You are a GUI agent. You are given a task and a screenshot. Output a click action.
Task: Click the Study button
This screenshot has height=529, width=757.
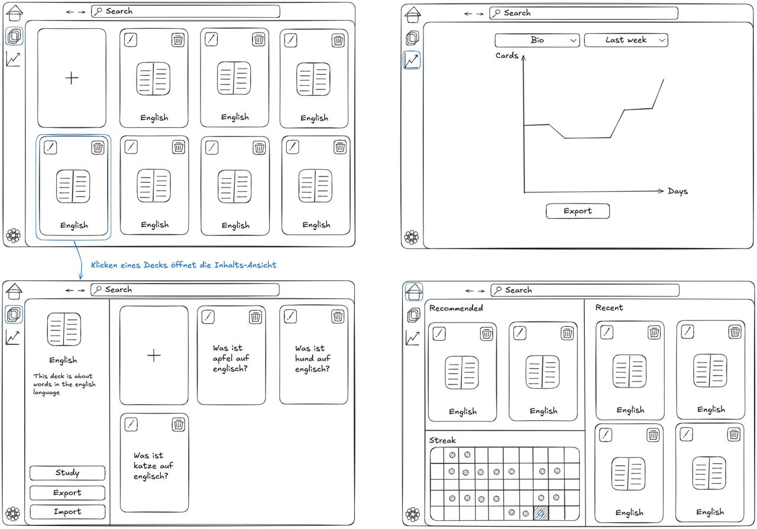[67, 473]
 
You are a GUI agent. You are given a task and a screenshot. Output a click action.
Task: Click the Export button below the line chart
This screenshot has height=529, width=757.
[577, 211]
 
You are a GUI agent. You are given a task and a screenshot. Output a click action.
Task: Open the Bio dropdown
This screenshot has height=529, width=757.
[537, 40]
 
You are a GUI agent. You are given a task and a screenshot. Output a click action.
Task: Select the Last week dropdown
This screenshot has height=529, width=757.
[626, 40]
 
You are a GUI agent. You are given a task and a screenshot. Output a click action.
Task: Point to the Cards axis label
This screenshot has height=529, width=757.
[507, 56]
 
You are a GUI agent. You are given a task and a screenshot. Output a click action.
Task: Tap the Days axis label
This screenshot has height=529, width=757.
[678, 191]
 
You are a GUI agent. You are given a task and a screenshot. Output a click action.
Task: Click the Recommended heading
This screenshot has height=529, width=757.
[456, 308]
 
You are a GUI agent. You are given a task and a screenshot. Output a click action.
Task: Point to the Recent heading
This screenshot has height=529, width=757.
[609, 308]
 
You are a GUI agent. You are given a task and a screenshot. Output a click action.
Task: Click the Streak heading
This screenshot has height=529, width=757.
[442, 440]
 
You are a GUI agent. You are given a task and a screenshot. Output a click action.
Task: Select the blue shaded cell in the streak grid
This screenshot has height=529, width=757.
[541, 513]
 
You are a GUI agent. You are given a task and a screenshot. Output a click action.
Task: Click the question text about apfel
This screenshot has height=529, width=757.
[231, 358]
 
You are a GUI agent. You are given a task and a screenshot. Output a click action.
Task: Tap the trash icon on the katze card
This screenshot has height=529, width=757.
[179, 424]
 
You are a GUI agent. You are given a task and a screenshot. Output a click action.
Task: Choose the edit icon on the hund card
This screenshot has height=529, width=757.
[290, 317]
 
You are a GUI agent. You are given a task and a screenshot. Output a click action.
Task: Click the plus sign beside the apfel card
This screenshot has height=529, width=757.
[154, 355]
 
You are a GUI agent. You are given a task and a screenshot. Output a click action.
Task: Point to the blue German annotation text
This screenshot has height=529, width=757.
[183, 265]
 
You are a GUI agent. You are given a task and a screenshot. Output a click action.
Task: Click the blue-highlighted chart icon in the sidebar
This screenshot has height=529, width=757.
[412, 60]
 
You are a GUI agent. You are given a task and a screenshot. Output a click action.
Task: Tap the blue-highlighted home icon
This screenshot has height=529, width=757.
[414, 291]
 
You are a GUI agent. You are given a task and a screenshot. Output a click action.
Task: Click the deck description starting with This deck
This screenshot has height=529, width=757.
[64, 384]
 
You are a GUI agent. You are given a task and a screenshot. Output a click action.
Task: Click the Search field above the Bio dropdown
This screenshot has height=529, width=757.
[584, 13]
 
